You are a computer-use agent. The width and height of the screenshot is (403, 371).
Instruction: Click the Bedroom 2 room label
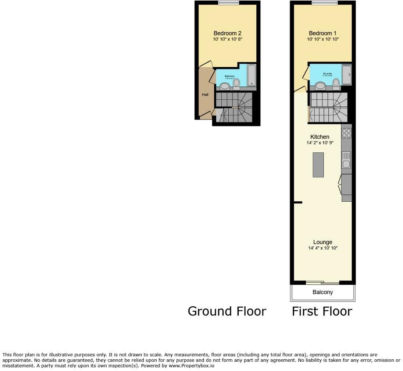[227, 33]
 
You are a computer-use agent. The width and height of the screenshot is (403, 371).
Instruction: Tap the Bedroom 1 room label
[322, 33]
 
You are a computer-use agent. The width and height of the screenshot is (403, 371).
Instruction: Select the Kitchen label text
[320, 137]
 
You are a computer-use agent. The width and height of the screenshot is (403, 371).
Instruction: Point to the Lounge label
[322, 242]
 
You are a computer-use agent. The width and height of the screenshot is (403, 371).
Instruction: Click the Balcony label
[322, 292]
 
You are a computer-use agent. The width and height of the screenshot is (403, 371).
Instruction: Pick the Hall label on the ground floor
[205, 95]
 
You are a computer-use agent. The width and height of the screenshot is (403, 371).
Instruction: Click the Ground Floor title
[227, 311]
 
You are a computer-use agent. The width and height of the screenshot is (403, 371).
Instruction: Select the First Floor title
[322, 311]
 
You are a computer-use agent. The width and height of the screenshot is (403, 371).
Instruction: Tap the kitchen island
[318, 165]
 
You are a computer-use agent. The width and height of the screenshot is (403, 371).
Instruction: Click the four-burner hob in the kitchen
[346, 133]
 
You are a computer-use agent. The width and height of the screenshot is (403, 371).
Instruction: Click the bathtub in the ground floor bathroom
[252, 75]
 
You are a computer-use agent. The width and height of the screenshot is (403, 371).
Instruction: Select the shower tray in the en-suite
[346, 75]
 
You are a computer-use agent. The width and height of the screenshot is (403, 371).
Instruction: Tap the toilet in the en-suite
[336, 84]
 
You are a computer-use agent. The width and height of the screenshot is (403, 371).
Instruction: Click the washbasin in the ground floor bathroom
[224, 86]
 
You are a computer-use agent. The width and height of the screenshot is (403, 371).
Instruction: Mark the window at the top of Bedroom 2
[228, 3]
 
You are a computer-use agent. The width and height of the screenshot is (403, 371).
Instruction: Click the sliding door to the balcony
[322, 283]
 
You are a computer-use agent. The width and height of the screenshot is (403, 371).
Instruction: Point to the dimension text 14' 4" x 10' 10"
[322, 248]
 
